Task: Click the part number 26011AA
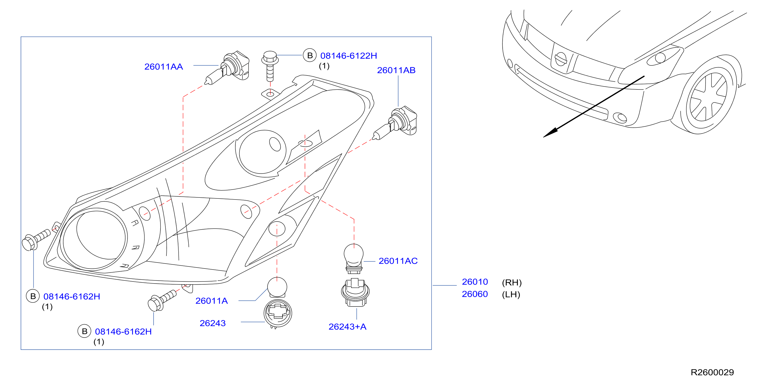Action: pyautogui.click(x=164, y=67)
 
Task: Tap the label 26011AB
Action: pyautogui.click(x=396, y=70)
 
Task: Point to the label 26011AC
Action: pyautogui.click(x=398, y=261)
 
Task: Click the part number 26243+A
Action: pyautogui.click(x=347, y=327)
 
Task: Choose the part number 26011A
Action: pyautogui.click(x=212, y=301)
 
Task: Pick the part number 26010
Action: pyautogui.click(x=475, y=282)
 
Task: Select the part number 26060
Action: pyautogui.click(x=475, y=294)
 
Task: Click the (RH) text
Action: pyautogui.click(x=512, y=282)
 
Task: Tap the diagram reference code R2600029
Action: pyautogui.click(x=712, y=372)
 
